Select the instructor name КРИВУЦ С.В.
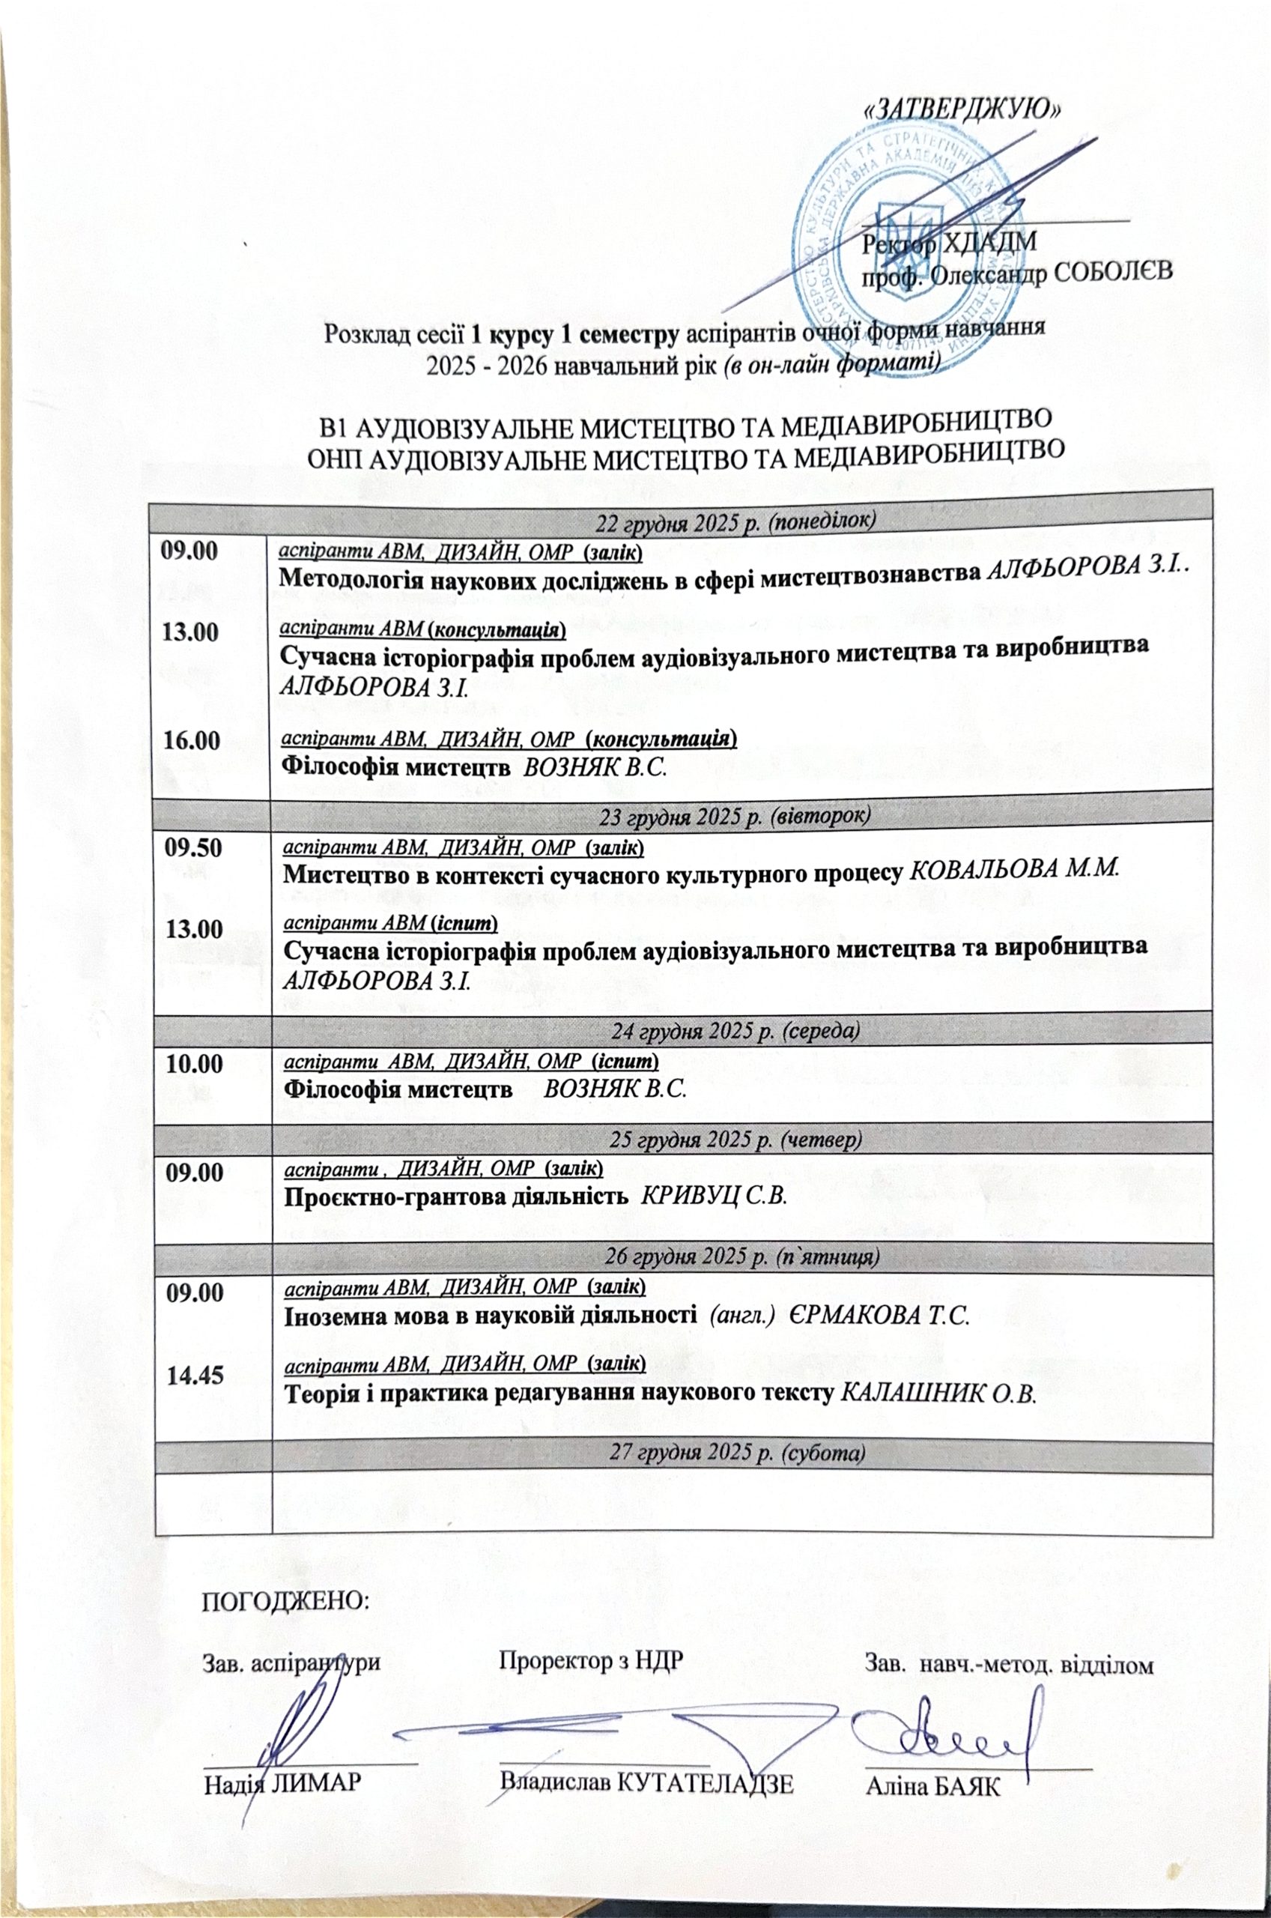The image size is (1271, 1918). (714, 1197)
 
